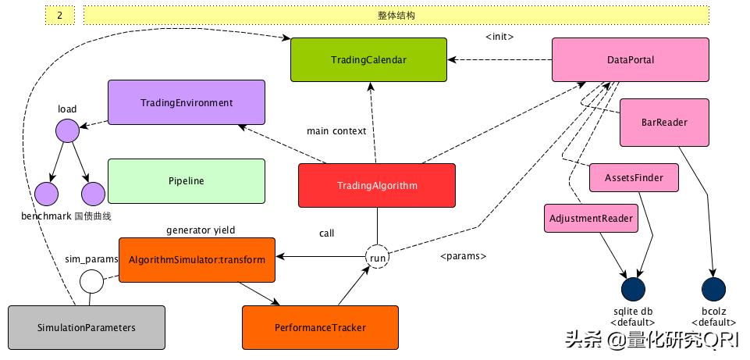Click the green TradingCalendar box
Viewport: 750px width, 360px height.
368,59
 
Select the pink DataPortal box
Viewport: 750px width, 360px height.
630,59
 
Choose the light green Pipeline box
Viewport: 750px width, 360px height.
186,181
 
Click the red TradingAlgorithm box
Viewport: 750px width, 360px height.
377,186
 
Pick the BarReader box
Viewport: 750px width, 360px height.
664,122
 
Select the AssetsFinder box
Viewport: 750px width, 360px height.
634,178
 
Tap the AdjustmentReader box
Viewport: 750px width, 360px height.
590,218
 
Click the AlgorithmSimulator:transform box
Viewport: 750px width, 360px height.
197,259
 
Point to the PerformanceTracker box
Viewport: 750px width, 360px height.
320,327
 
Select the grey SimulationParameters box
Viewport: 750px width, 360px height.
86,327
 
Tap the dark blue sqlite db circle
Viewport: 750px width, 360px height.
633,289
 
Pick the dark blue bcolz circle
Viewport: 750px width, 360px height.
713,289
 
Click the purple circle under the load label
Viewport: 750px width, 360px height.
67,130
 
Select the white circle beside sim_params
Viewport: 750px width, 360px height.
91,280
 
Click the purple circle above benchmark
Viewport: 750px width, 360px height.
47,193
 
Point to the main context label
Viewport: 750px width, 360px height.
336,131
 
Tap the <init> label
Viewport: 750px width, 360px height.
499,37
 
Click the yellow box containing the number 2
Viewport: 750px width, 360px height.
60,15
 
